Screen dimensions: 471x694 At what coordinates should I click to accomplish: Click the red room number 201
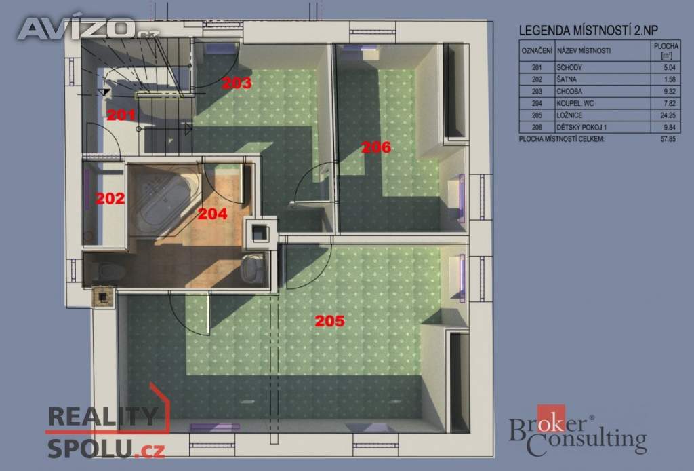[121, 115]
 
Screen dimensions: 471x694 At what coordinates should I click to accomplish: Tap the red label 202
[110, 199]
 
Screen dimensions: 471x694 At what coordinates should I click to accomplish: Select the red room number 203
[237, 83]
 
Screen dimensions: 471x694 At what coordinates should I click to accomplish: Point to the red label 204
[211, 213]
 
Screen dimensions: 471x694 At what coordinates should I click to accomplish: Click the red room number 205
[329, 321]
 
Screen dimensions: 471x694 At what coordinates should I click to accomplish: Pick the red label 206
[376, 147]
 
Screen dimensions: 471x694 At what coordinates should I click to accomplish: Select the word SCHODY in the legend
[569, 68]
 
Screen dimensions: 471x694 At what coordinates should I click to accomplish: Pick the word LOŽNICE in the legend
[569, 115]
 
